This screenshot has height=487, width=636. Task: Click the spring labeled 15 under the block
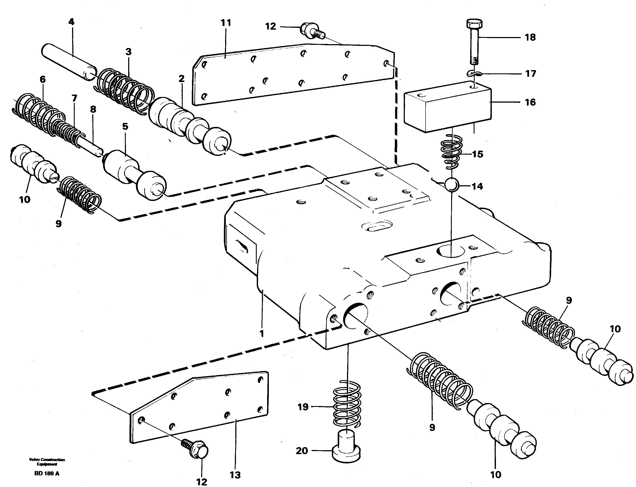click(451, 152)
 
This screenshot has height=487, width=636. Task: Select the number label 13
click(235, 475)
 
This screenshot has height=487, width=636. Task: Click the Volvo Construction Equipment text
click(47, 461)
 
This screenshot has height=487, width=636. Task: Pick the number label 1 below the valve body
click(262, 334)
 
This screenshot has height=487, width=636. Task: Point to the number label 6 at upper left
click(43, 79)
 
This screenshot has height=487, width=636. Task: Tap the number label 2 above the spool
click(181, 79)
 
